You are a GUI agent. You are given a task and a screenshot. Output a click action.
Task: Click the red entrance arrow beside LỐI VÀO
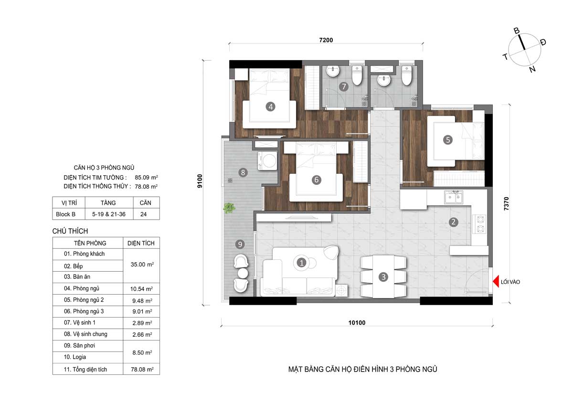(x=496, y=282)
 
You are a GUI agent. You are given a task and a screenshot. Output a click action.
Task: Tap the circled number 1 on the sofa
(x=301, y=262)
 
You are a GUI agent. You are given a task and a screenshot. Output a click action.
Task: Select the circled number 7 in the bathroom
(x=343, y=87)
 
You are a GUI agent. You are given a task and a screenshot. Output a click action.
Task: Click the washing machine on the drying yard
(x=267, y=161)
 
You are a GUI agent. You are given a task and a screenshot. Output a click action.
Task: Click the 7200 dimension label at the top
(x=326, y=40)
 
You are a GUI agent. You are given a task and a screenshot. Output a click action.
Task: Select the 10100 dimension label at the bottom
(x=357, y=322)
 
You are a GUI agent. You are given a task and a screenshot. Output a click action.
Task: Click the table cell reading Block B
(x=66, y=214)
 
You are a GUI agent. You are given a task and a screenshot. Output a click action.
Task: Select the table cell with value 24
(x=143, y=214)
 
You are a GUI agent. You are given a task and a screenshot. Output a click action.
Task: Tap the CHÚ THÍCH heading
(x=70, y=231)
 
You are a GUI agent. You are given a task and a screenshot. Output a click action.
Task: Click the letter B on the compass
(x=516, y=31)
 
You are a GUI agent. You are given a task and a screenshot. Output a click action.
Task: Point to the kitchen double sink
(x=453, y=197)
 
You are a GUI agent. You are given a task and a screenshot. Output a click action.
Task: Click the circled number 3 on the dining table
(x=384, y=277)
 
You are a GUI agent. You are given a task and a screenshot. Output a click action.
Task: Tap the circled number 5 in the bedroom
(x=447, y=139)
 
